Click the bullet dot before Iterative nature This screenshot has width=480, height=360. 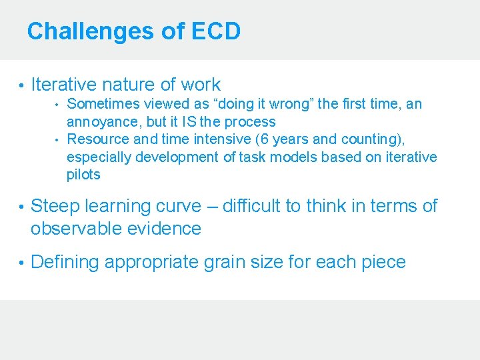[21, 85]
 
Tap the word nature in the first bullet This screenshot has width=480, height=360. [129, 85]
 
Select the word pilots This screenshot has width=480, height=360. [83, 175]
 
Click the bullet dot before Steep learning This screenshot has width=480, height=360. [21, 207]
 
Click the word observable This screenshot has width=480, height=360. [73, 229]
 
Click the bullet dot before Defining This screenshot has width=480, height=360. [21, 263]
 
